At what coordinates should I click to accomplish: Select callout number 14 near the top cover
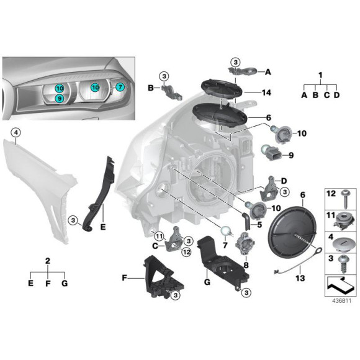(266, 93)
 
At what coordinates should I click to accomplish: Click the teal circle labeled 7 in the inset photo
(120, 88)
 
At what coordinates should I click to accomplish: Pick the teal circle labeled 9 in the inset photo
(58, 99)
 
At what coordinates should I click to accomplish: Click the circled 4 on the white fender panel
(16, 132)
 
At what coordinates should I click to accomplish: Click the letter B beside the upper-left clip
(150, 88)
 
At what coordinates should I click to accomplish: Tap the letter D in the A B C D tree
(336, 96)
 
